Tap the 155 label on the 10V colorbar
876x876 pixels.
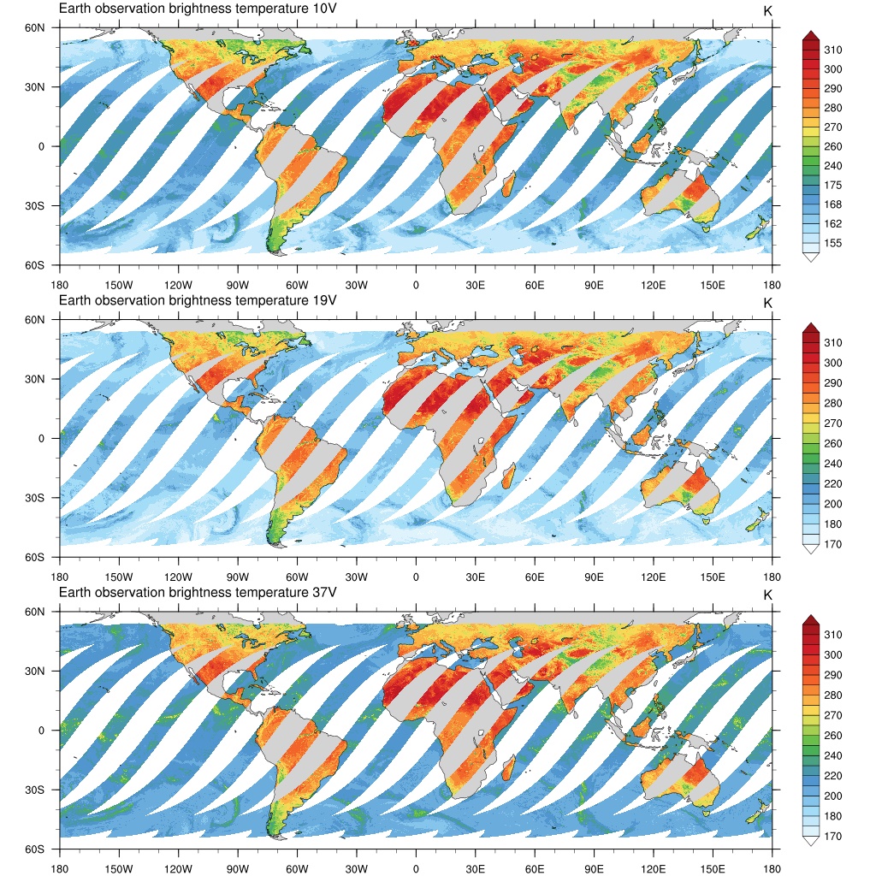832,244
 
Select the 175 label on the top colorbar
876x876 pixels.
832,186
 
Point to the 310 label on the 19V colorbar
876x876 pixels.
832,343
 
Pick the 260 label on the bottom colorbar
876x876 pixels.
832,736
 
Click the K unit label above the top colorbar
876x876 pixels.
767,10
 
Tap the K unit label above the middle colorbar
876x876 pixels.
767,303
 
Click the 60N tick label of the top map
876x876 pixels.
34,28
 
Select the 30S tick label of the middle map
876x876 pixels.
34,498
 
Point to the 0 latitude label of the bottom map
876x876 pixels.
40,731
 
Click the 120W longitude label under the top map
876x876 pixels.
178,285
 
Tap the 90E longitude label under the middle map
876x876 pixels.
595,577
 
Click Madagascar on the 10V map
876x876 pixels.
507,182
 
